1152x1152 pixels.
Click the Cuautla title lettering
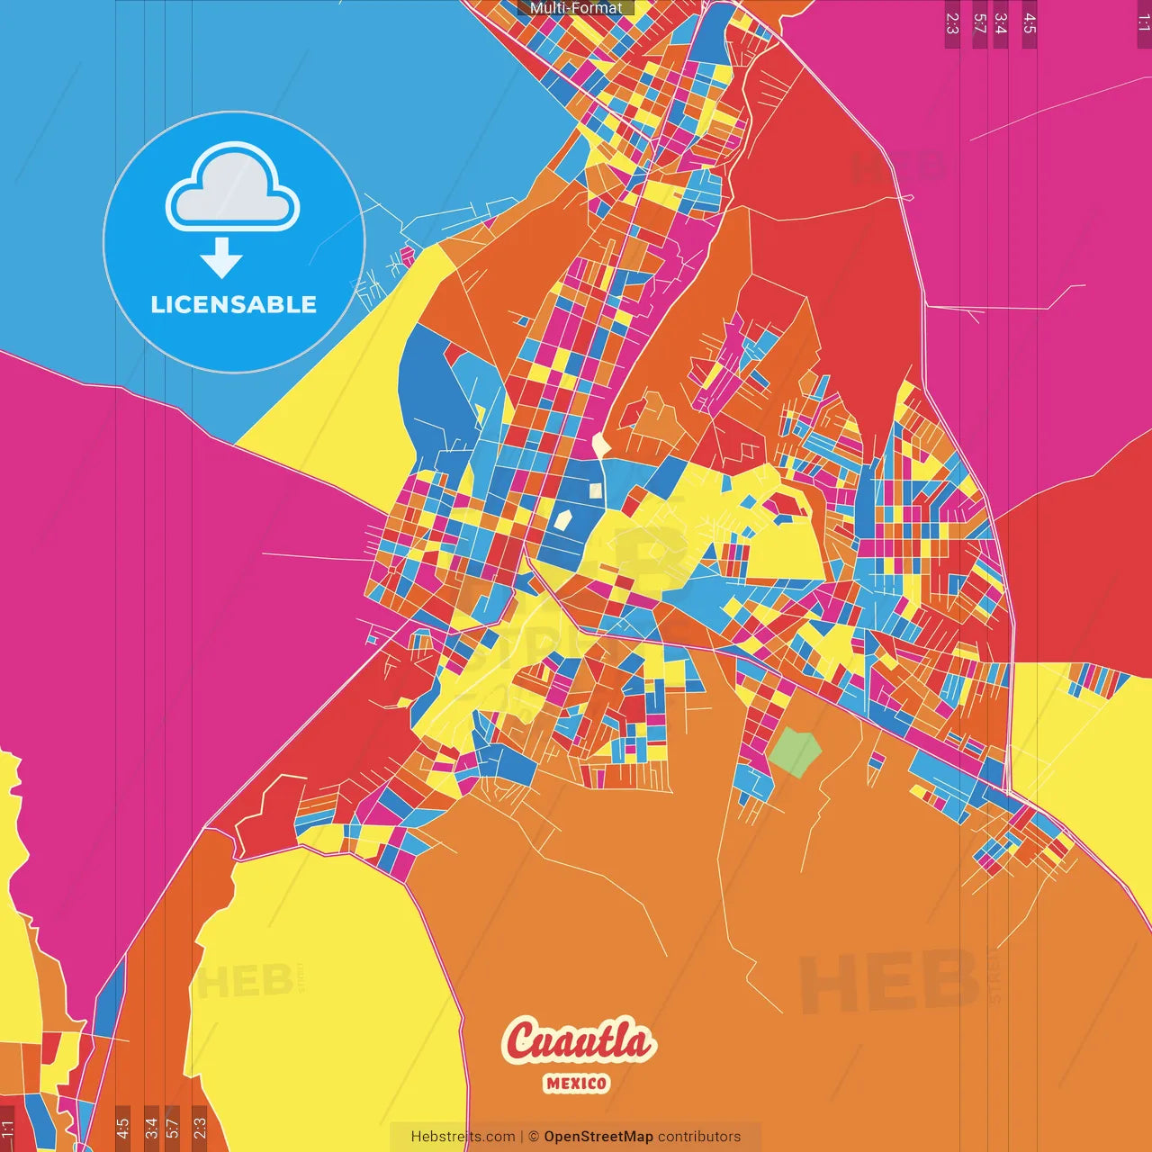click(579, 1042)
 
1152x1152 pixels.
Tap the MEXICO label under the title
click(576, 1084)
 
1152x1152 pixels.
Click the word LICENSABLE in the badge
click(234, 305)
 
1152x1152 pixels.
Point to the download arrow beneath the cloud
click(221, 258)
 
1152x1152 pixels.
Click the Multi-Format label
click(576, 8)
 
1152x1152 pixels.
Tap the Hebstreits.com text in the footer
click(463, 1137)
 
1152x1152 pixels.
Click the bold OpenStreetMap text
click(598, 1137)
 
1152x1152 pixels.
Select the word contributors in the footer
click(699, 1137)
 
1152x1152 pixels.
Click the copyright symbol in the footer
click(533, 1137)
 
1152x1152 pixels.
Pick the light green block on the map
click(794, 749)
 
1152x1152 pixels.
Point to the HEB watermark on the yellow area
click(243, 981)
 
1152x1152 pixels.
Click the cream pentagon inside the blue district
click(562, 519)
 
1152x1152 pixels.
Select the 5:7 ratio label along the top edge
click(979, 23)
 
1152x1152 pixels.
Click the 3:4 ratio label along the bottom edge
click(151, 1128)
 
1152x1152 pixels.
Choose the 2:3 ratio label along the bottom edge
click(200, 1128)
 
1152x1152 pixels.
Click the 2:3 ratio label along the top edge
click(952, 23)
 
